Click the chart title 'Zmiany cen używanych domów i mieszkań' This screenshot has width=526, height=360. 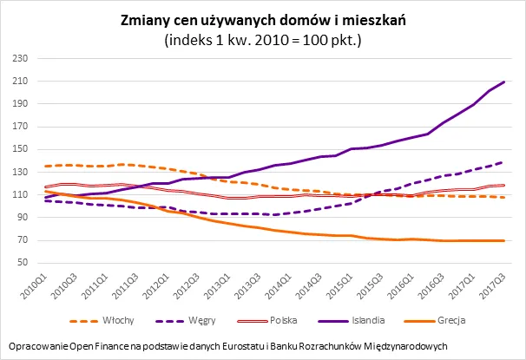pos(263,20)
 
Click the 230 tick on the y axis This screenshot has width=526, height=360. pos(19,59)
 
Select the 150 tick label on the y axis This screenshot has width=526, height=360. pos(19,149)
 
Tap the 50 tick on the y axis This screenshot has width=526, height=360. pos(22,262)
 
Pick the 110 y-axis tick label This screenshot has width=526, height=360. pos(19,194)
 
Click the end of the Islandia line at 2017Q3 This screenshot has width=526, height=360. pos(504,82)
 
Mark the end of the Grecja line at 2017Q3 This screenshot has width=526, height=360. pos(504,240)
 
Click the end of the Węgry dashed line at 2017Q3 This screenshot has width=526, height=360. pos(504,161)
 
